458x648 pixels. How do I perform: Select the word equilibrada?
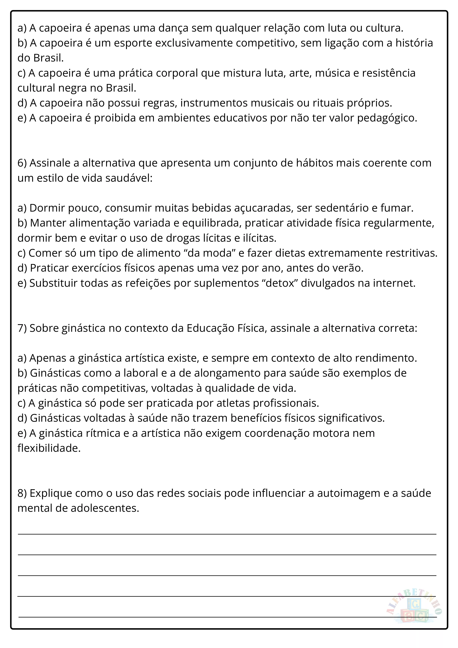(212, 223)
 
